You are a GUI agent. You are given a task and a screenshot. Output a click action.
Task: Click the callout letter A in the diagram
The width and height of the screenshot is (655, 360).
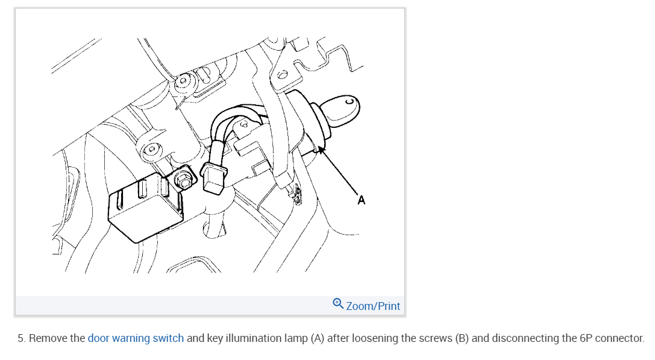361,200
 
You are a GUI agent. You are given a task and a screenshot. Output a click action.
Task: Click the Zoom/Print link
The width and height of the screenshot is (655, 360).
373,306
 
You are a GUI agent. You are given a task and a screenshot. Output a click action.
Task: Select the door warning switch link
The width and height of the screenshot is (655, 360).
136,338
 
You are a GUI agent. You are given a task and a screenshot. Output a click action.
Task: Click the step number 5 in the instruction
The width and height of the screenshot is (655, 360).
20,338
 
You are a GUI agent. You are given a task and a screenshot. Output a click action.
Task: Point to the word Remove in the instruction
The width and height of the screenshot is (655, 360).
48,338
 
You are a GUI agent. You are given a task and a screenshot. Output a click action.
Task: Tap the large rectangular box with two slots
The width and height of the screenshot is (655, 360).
143,205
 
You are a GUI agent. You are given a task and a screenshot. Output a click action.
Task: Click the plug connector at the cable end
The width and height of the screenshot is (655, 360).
214,179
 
